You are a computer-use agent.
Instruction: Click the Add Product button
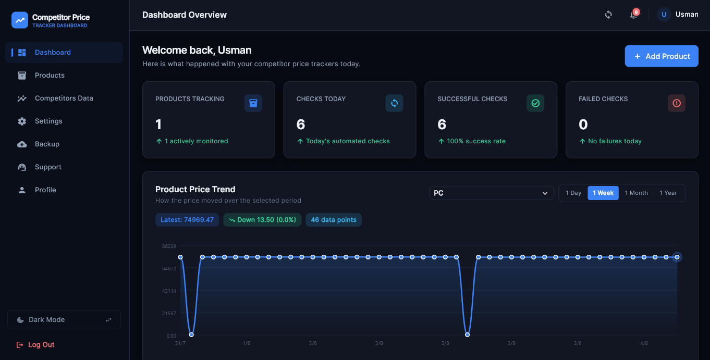(x=661, y=56)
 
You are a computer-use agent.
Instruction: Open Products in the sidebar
(x=50, y=75)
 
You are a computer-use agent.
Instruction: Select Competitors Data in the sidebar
(x=64, y=98)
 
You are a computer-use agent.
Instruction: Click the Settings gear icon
(x=22, y=121)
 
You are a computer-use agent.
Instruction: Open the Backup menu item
(x=47, y=144)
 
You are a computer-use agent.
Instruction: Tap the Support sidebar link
(x=48, y=167)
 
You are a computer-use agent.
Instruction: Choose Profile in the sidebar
(x=45, y=190)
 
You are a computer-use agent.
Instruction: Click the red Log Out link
(x=35, y=344)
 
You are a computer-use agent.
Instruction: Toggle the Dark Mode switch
(x=64, y=319)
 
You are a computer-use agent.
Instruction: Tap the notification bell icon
(x=633, y=15)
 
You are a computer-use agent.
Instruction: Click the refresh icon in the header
(x=608, y=15)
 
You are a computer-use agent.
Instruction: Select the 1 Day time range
(x=573, y=193)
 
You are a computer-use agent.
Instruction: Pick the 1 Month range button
(x=636, y=193)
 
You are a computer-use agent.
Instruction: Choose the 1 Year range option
(x=668, y=193)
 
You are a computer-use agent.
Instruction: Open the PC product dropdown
(x=491, y=193)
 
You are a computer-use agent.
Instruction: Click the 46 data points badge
(x=334, y=220)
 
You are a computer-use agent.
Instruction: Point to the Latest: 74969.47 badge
(x=187, y=220)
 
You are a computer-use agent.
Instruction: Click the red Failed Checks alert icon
(x=677, y=103)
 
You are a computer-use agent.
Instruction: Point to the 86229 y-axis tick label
(x=169, y=246)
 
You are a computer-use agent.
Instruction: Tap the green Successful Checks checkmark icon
(x=535, y=103)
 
